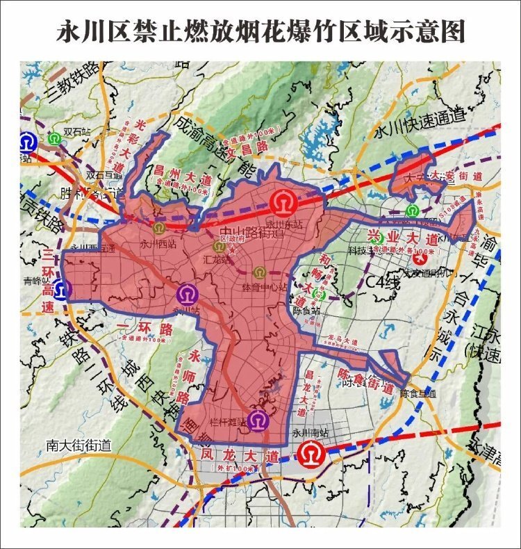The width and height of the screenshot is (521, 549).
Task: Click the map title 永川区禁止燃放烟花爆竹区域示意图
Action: tap(260, 32)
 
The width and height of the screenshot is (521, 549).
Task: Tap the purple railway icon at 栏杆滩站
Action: tap(258, 420)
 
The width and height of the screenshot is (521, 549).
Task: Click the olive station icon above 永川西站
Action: tap(158, 227)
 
